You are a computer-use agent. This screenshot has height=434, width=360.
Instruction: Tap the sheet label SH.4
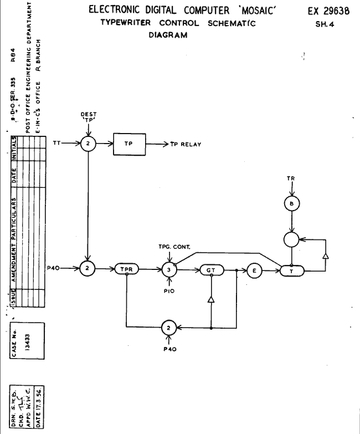click(x=328, y=24)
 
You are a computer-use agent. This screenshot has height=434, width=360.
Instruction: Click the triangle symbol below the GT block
click(x=210, y=300)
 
